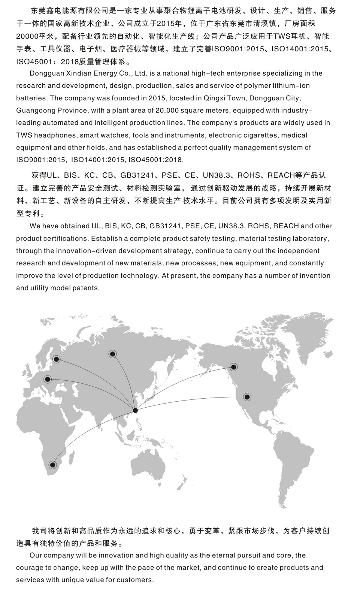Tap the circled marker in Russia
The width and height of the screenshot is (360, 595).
112,354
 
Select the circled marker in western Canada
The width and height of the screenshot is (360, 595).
234,367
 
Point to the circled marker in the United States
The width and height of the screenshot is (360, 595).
247,397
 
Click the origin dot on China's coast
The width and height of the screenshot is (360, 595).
135,410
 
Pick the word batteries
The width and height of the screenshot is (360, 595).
31,98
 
